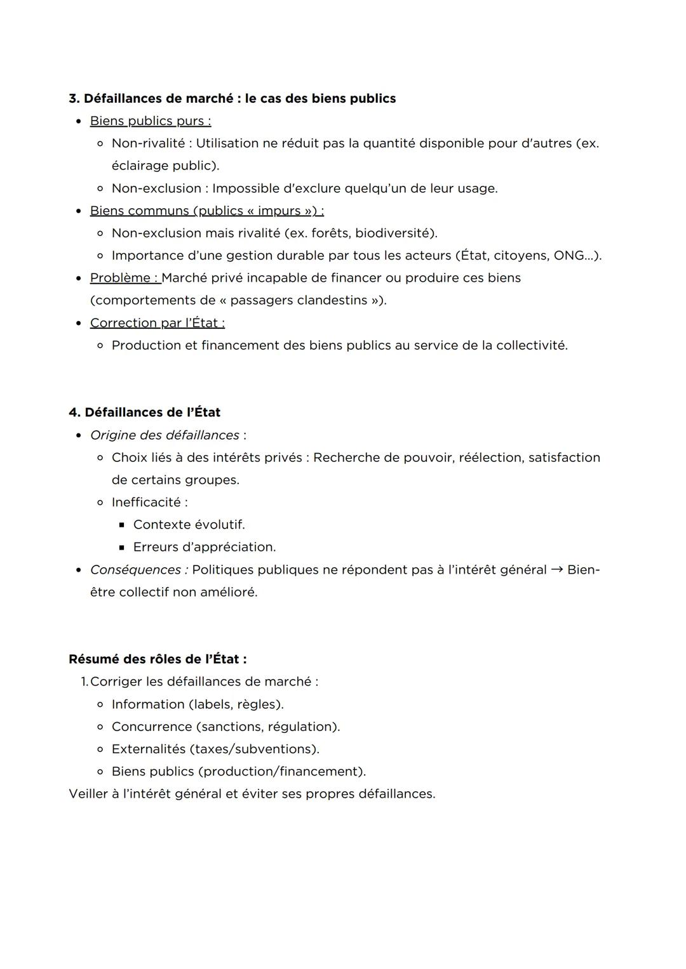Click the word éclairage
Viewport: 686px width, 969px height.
click(x=139, y=166)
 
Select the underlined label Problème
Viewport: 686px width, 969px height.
click(x=120, y=278)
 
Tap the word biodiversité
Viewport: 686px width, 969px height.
click(x=394, y=233)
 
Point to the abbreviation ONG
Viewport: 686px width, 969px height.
click(x=568, y=255)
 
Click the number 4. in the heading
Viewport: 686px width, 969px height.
click(x=74, y=412)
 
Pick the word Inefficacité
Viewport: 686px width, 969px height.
click(x=146, y=502)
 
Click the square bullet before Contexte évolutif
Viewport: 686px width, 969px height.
click(x=122, y=525)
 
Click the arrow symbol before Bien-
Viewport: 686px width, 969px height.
click(x=557, y=569)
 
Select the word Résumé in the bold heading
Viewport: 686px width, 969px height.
click(x=94, y=659)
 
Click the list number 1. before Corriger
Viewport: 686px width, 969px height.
click(x=84, y=682)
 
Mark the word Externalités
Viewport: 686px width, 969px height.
click(x=149, y=749)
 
